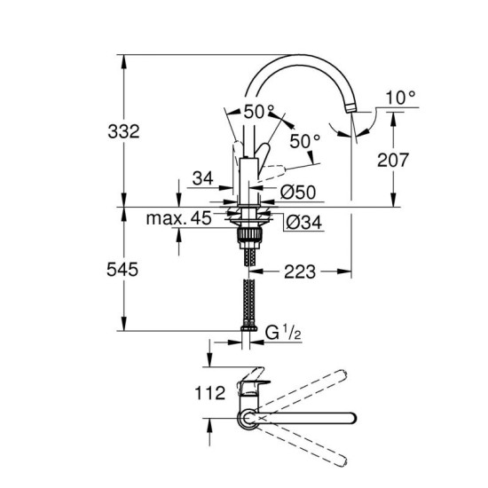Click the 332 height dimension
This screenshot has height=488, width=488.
coord(123,131)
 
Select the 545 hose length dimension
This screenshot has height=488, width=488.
coord(122,270)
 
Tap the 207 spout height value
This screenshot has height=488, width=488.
coord(393,160)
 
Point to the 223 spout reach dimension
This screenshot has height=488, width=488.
coord(300,272)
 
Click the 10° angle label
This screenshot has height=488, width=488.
coord(401,98)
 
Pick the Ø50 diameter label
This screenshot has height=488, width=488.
coord(298,193)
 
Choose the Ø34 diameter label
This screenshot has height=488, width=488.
coord(303,222)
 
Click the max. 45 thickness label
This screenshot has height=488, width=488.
coord(179,218)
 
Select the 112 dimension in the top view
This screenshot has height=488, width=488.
coord(209,393)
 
